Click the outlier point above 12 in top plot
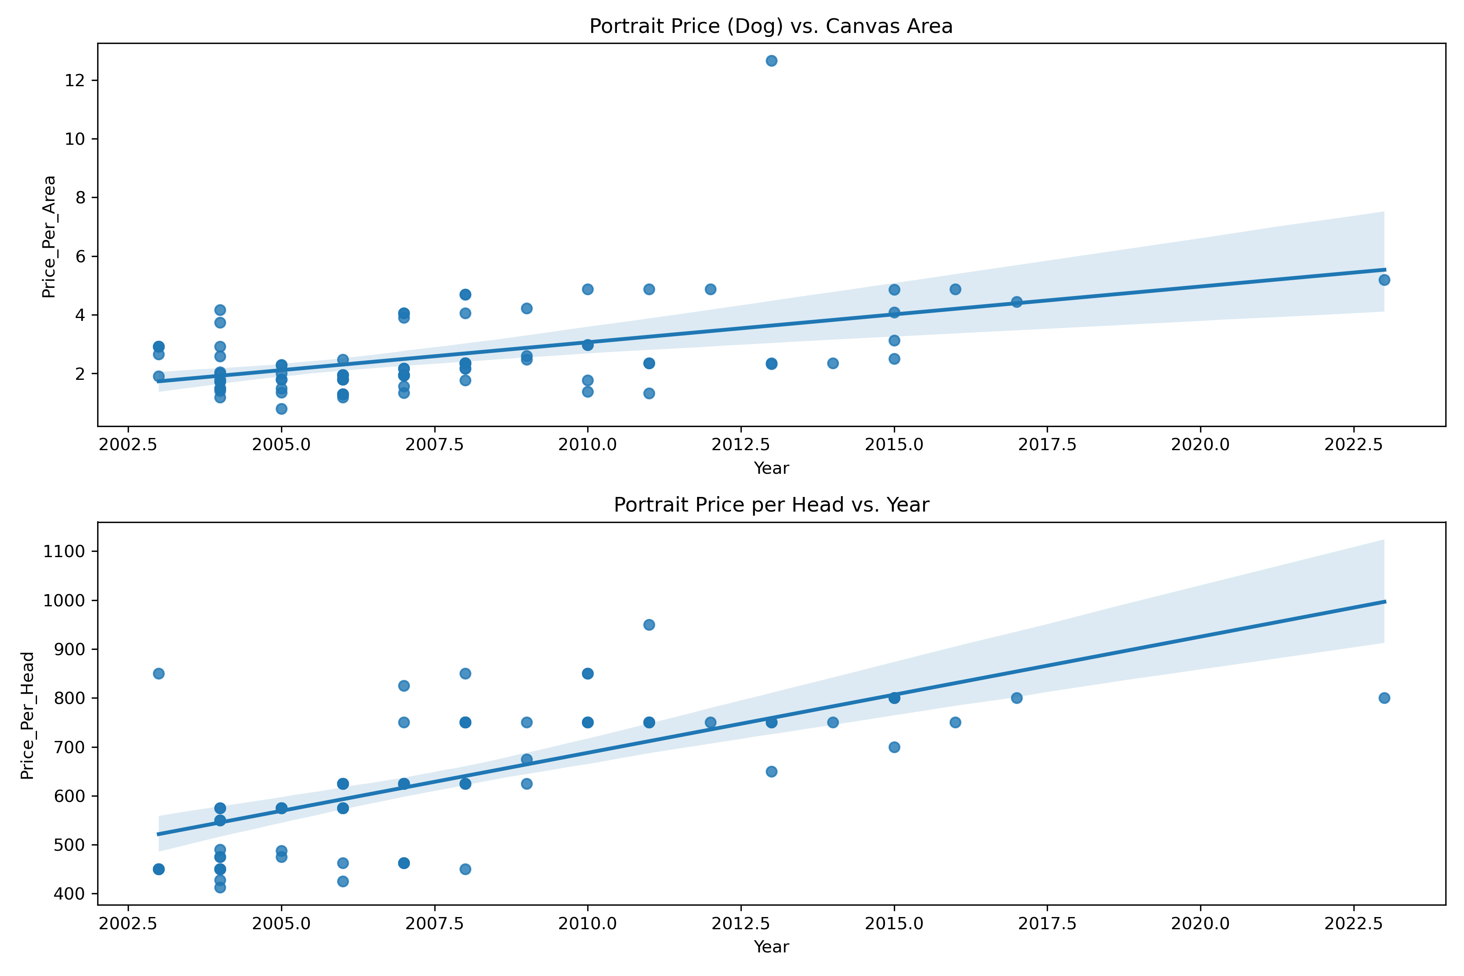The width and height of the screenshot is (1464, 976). point(771,60)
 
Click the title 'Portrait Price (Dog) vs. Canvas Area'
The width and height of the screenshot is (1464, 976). point(771,26)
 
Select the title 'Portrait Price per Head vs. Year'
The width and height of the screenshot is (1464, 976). point(771,505)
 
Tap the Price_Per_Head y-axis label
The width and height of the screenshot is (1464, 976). point(27,715)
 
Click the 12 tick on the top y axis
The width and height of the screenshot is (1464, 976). point(75,80)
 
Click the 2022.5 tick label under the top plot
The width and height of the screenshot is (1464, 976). point(1353,444)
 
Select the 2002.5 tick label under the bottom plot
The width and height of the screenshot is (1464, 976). point(128,923)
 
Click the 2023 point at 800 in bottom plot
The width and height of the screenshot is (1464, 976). point(1384,698)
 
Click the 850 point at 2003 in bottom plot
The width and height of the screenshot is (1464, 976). point(159,673)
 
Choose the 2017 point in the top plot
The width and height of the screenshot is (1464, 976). point(1016,302)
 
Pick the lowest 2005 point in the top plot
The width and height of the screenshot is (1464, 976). point(281,409)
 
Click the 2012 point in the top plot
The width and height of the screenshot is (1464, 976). point(710,290)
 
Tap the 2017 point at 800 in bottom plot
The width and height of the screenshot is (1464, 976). point(1016,698)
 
